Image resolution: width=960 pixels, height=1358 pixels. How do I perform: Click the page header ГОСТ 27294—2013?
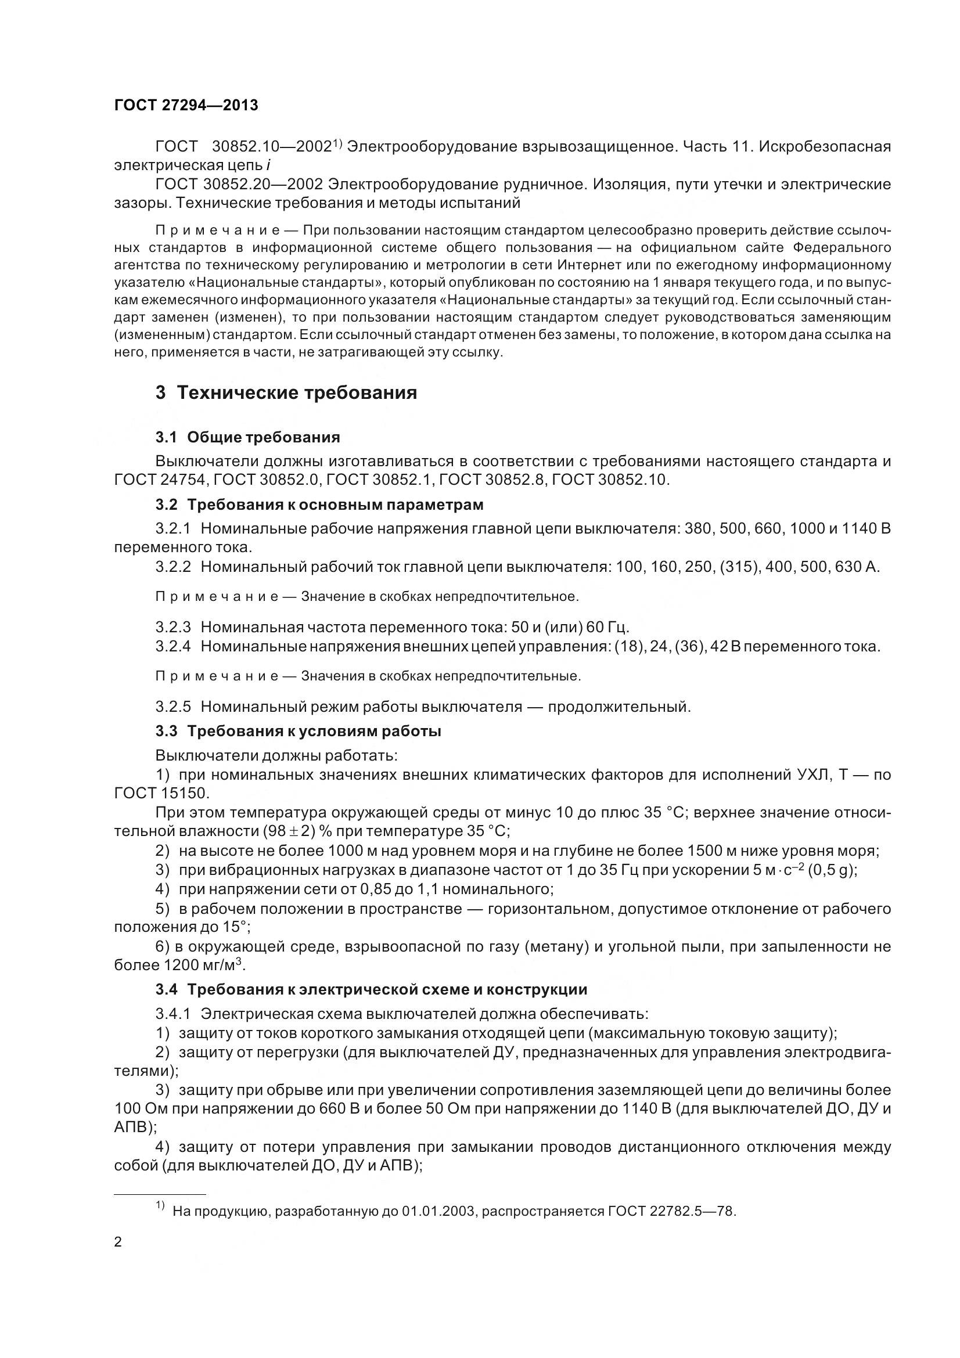[186, 105]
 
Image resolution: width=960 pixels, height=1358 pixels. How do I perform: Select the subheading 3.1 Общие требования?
[248, 437]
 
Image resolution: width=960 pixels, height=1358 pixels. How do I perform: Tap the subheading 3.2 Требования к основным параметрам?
[319, 505]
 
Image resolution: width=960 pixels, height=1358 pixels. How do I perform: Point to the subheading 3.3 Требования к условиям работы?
[298, 731]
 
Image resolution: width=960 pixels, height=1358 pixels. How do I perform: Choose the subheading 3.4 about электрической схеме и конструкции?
[371, 989]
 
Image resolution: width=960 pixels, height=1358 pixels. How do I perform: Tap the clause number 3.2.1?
[172, 528]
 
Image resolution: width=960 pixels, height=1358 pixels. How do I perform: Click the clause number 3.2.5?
[172, 707]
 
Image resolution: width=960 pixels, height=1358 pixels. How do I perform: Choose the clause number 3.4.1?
[172, 1014]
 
